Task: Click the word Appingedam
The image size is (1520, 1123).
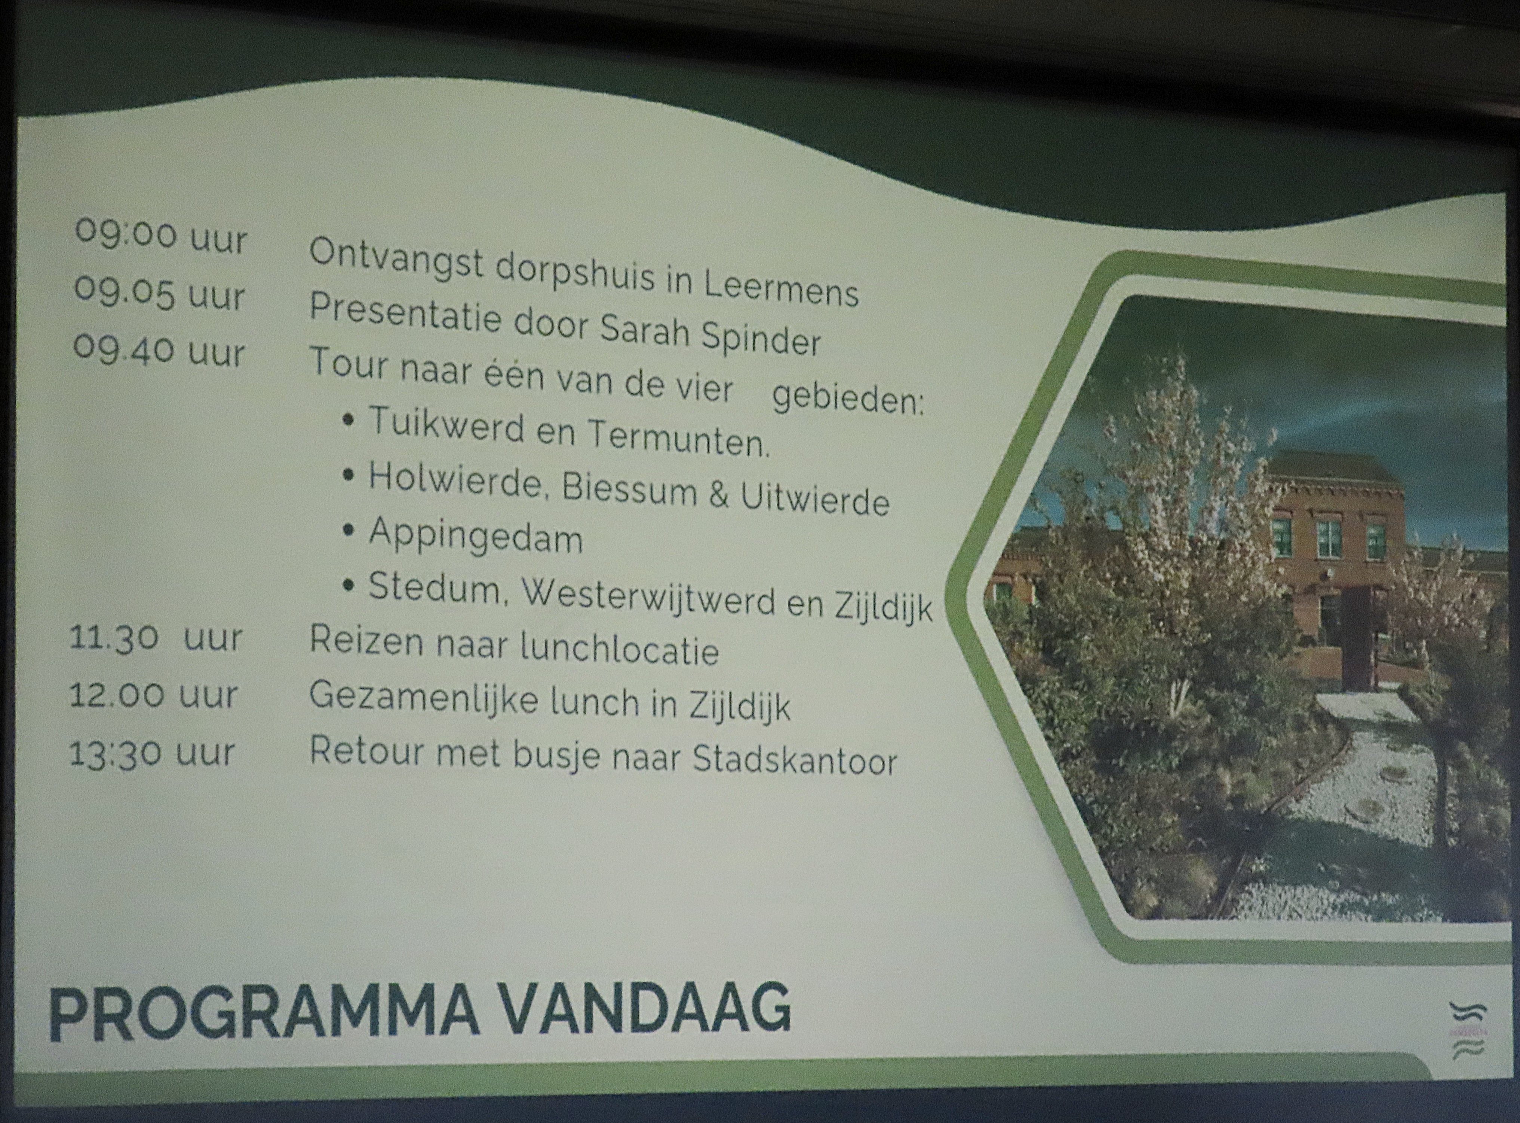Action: tap(476, 535)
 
